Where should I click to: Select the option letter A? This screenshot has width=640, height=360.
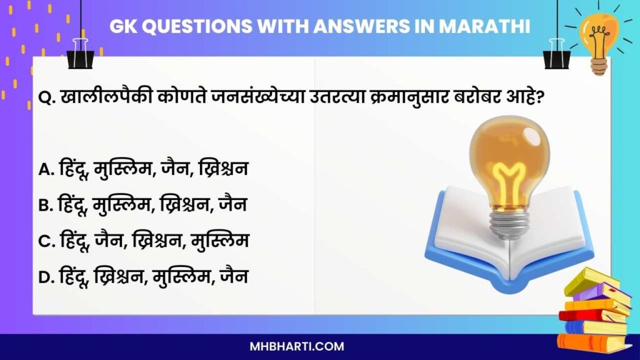coord(45,169)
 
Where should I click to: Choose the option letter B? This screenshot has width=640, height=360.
coord(45,204)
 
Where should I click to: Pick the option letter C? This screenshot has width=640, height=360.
coord(45,240)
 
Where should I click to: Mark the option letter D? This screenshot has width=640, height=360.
coord(45,276)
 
